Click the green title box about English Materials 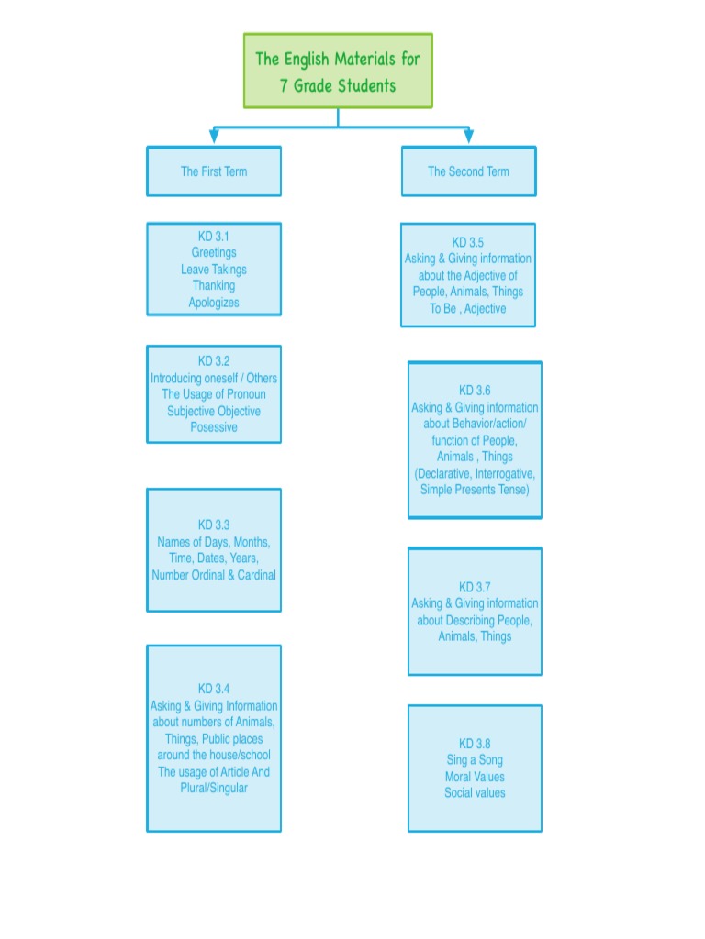pos(338,72)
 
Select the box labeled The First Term pos(214,171)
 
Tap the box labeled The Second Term pos(468,171)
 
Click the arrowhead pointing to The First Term pos(214,136)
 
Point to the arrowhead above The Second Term pos(468,136)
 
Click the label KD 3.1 pos(214,237)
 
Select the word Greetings pos(214,253)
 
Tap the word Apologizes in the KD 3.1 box pos(214,303)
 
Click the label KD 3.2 pos(214,361)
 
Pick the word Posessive pos(214,427)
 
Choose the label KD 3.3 pos(214,525)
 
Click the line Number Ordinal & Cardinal pos(214,575)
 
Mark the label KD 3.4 pos(214,689)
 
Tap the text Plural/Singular pos(214,788)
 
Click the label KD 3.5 pos(468,243)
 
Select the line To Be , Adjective pos(468,309)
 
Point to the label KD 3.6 pos(475,391)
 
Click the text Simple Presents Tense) pos(475,490)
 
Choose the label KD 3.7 pos(475,587)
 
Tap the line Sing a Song pos(475,760)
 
